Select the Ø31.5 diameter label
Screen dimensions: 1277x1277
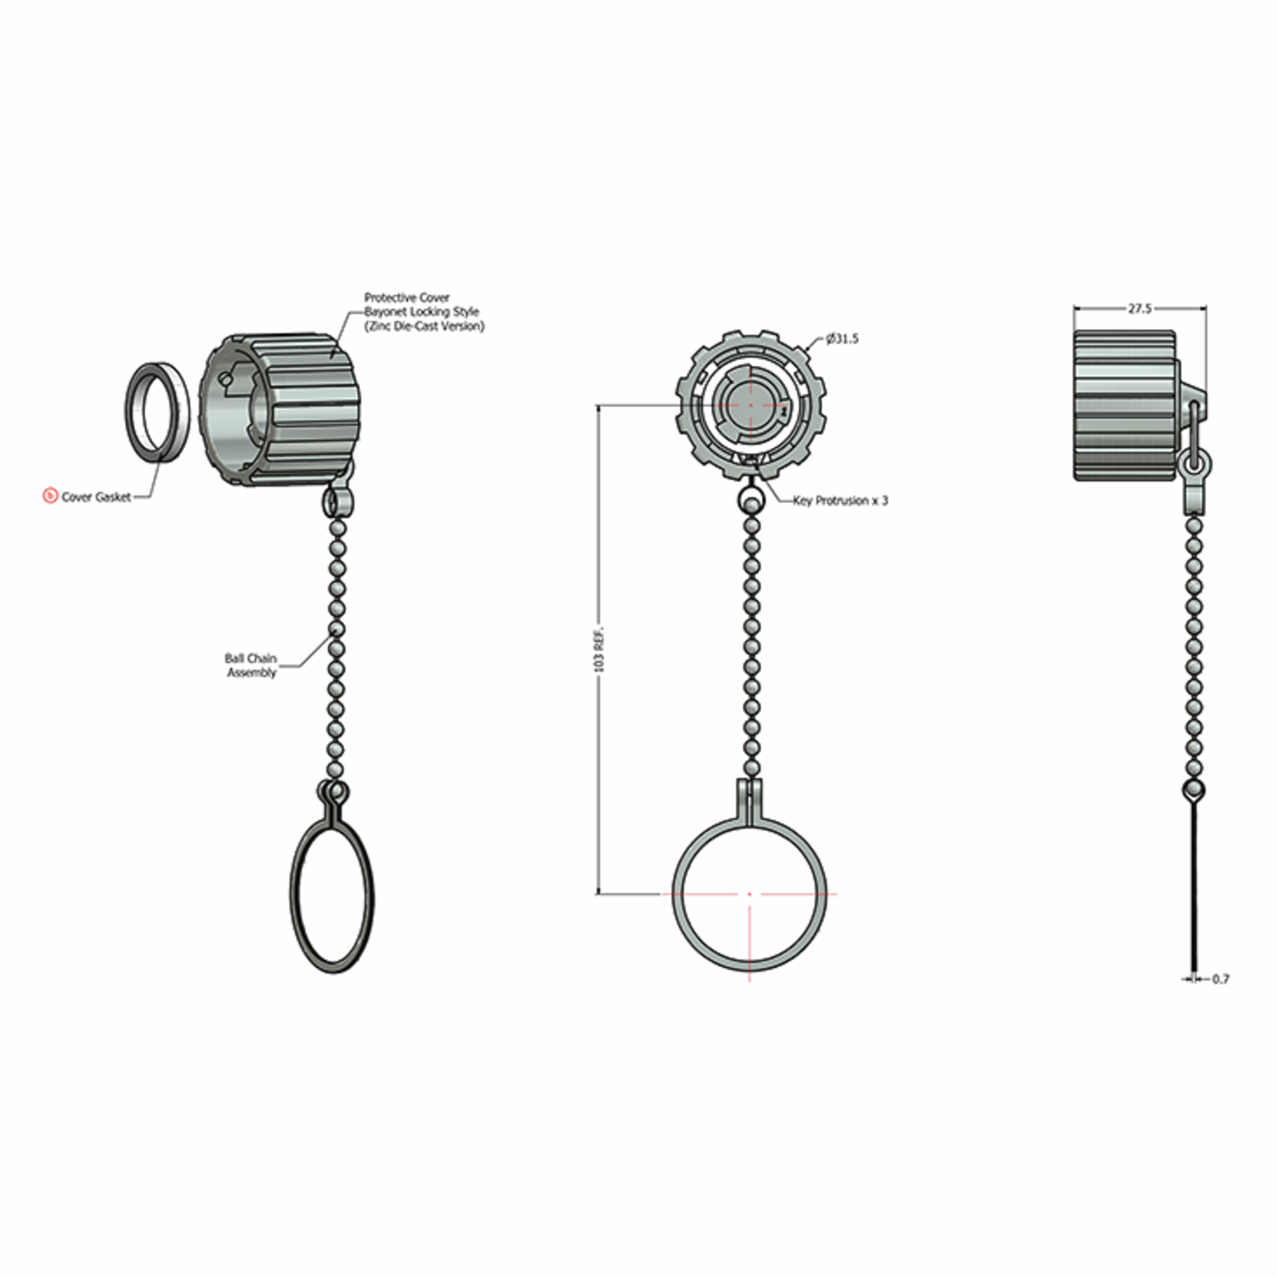[x=843, y=339]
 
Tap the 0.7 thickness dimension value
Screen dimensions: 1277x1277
[x=1221, y=979]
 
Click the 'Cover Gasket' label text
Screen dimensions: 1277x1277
[x=96, y=497]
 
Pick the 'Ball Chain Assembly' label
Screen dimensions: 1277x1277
[x=251, y=666]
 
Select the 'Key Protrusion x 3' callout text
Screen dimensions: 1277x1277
[x=841, y=500]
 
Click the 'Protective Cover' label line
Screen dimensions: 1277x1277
[x=407, y=297]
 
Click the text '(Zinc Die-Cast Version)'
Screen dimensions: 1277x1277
[x=425, y=327]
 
